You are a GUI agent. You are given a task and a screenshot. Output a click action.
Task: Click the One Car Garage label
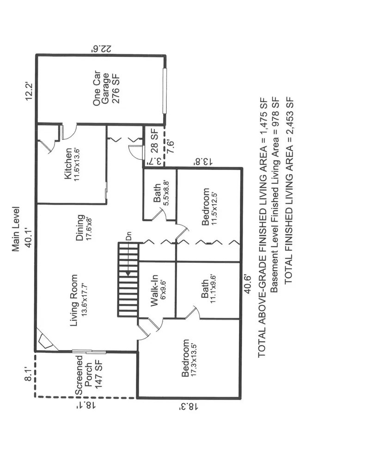click(106, 88)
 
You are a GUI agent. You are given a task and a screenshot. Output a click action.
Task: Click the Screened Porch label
click(89, 375)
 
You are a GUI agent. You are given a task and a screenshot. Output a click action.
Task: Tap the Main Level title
click(16, 229)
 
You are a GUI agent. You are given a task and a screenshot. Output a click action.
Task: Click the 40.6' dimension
click(248, 284)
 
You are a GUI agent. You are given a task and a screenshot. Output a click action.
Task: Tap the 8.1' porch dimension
click(28, 374)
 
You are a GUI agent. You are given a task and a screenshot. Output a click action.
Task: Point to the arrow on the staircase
click(128, 259)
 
